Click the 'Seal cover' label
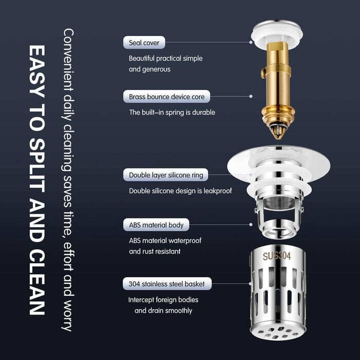point(144,43)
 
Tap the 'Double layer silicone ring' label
point(166,175)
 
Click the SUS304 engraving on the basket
point(277,256)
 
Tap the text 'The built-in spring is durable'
point(172,112)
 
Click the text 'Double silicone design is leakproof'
point(180,191)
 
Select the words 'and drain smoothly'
point(164,310)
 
